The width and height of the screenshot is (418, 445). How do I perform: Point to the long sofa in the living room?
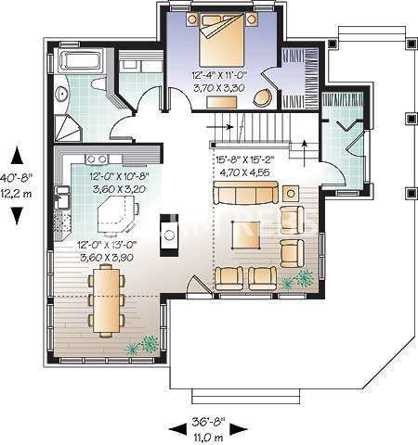245,194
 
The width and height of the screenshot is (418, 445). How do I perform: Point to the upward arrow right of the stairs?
307,144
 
